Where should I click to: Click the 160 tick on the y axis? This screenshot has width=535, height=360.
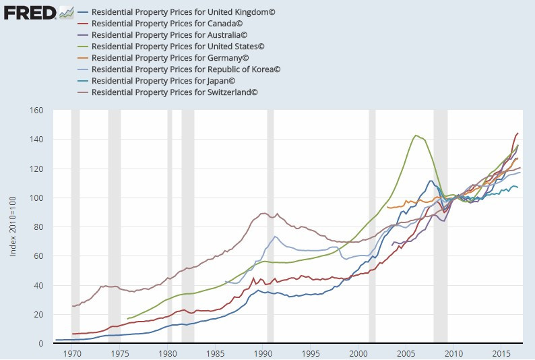coord(36,111)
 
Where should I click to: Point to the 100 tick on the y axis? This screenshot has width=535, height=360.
coord(36,198)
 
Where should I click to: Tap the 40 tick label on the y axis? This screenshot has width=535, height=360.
coord(38,286)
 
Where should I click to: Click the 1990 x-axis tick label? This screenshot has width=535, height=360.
coord(263,353)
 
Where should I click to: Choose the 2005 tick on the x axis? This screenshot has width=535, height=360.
coord(406,353)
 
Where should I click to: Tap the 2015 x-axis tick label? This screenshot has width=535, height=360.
coord(501,353)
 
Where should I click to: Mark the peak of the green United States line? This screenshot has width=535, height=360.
coord(415,136)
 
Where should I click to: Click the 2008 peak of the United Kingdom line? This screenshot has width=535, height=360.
coord(431,181)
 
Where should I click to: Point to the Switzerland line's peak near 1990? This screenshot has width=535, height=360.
coord(263,214)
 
